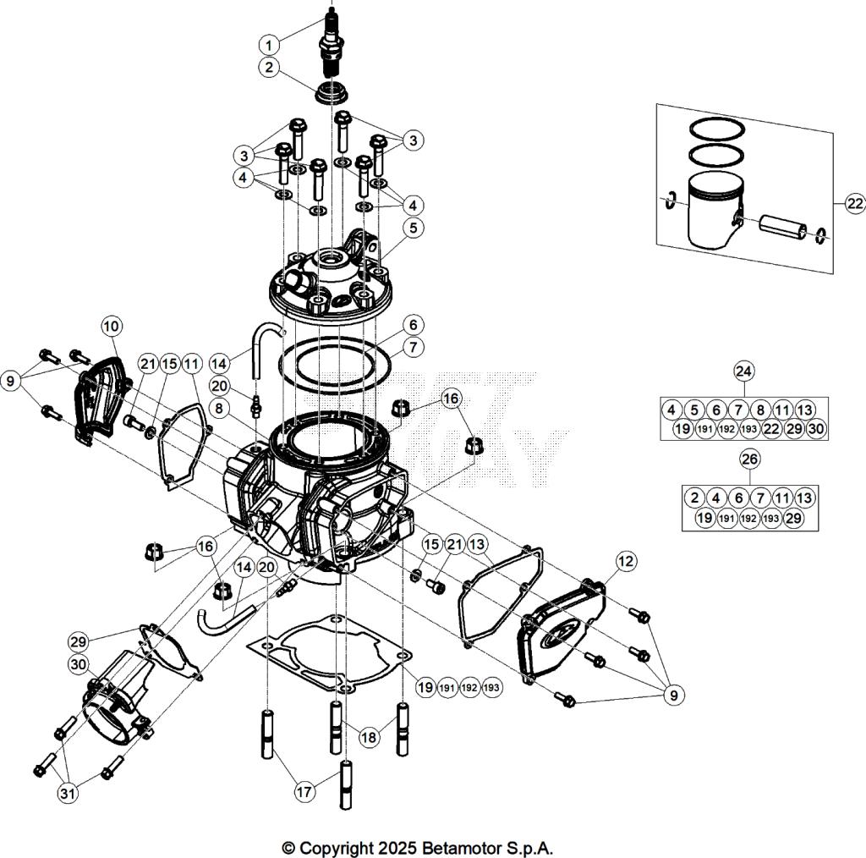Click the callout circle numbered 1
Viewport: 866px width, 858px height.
[268, 44]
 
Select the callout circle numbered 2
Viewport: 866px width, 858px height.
[268, 69]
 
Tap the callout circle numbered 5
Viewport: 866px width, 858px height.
[413, 227]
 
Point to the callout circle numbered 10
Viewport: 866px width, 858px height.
[112, 325]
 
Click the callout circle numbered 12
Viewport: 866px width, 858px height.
[626, 561]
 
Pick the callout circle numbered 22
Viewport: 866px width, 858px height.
[854, 203]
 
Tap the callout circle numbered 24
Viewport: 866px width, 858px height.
[744, 371]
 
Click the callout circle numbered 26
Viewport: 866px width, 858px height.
[749, 459]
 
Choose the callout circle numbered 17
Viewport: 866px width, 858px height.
[304, 792]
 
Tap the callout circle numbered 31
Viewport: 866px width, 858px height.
[66, 794]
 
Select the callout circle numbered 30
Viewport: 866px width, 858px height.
[78, 665]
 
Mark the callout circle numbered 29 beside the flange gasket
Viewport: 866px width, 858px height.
[78, 641]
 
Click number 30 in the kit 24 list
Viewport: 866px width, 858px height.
[815, 429]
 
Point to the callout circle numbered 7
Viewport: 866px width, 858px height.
[413, 348]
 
